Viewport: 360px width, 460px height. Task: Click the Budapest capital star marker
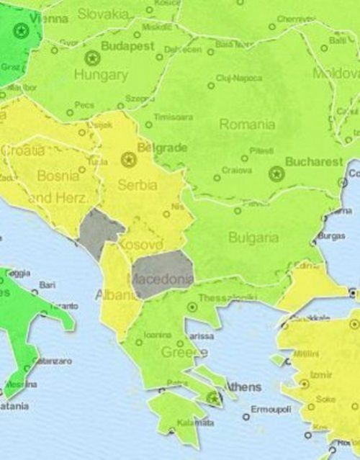91,57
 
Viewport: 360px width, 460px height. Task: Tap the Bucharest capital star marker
276,173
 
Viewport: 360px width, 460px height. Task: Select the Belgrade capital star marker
128,158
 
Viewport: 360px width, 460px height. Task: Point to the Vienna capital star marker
19,30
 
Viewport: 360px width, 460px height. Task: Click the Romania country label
247,125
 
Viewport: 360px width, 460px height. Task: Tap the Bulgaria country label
253,237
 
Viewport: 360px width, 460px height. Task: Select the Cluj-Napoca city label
239,78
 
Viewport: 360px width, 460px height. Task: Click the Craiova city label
238,171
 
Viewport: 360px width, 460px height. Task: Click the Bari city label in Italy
48,285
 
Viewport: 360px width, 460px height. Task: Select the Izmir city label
322,375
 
